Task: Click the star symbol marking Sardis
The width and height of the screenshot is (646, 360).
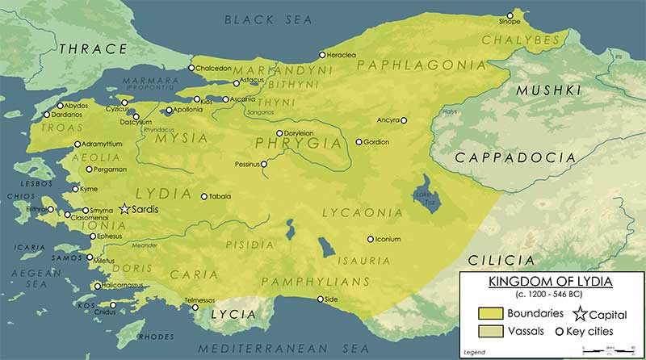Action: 124,208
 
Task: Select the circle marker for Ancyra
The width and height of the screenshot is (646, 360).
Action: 404,121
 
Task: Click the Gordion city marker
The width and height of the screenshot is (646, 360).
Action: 359,142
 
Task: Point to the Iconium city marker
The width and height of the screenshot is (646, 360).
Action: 371,239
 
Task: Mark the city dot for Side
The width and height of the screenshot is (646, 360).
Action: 321,299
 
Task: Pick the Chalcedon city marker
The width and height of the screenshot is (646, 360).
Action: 191,68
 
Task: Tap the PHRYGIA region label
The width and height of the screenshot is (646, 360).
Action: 298,143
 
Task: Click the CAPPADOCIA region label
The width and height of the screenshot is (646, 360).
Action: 506,157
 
